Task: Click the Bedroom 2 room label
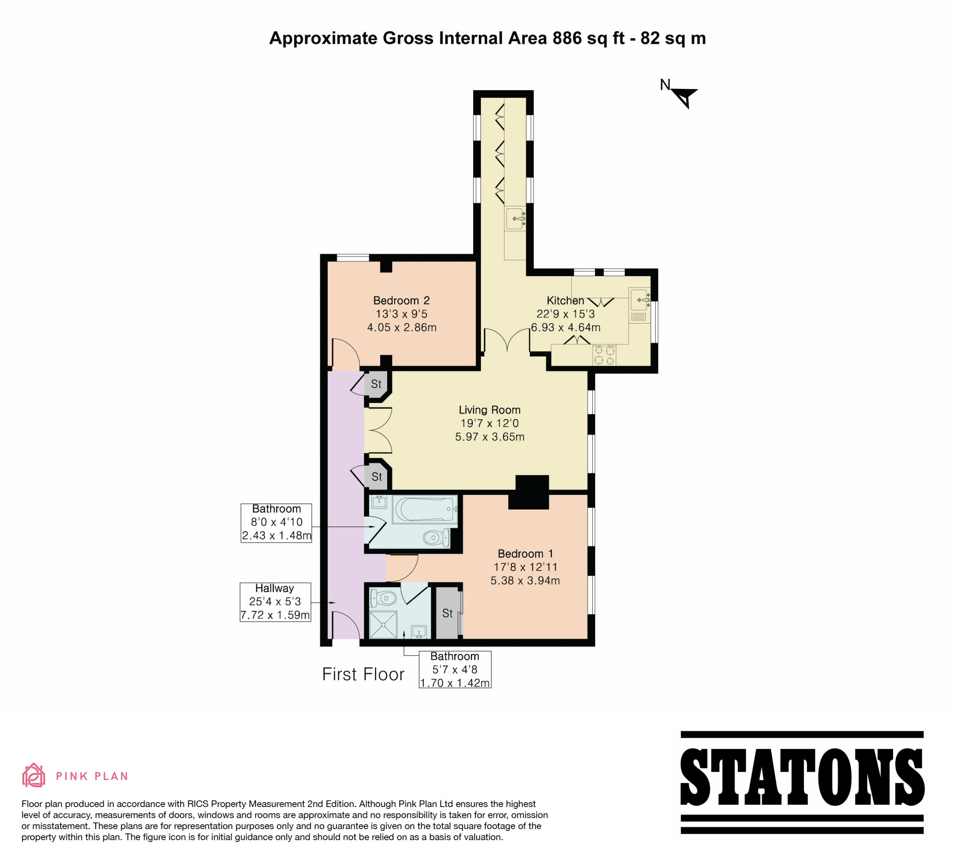coord(401,301)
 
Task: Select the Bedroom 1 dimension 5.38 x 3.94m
coord(525,580)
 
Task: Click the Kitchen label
coord(565,301)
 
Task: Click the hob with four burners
coord(605,355)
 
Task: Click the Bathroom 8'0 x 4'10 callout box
coord(276,523)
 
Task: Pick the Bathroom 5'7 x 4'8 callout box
coord(455,669)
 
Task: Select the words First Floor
coord(363,675)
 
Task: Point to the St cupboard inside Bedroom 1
coord(447,613)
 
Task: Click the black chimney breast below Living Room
coord(529,492)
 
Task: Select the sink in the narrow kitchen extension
coord(515,219)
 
